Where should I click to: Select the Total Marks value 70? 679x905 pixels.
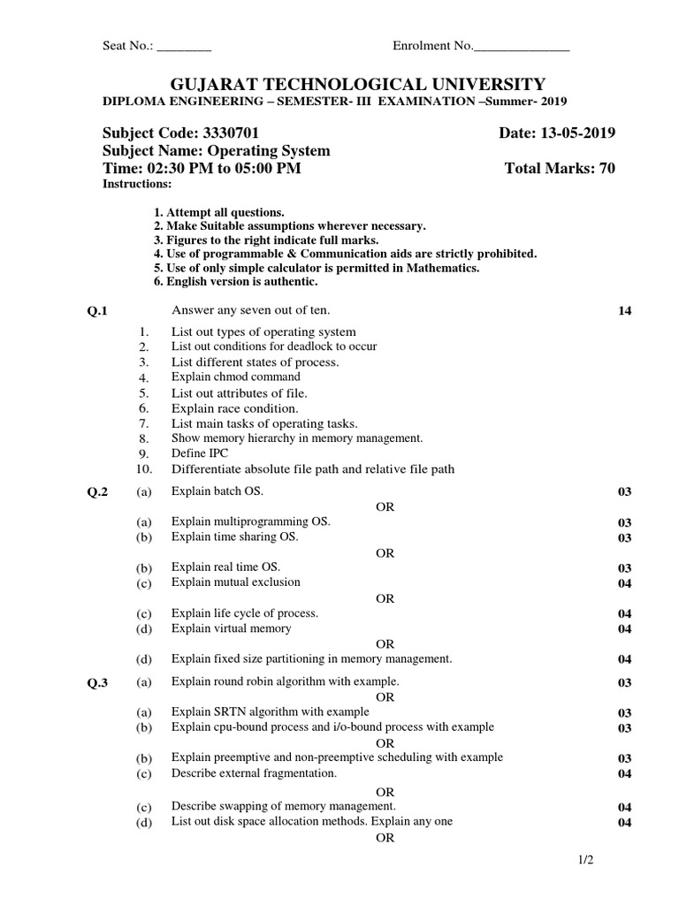coord(606,169)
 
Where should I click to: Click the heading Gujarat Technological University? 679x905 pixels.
coord(357,85)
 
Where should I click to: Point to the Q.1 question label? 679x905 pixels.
coord(95,311)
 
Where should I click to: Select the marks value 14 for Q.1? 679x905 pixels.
coord(625,311)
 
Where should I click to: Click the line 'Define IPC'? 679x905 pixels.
coord(200,453)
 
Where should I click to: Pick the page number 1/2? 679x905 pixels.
coord(578,859)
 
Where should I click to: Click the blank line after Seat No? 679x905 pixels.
coord(184,47)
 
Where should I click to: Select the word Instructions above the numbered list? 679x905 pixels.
coord(137,184)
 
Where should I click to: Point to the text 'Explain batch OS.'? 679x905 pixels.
coord(217,491)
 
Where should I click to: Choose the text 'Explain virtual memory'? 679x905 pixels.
coord(231,628)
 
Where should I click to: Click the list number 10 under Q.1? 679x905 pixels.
coord(145,469)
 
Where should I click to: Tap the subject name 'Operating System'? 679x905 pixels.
coord(274,151)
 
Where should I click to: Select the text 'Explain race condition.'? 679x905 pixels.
coord(234,408)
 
